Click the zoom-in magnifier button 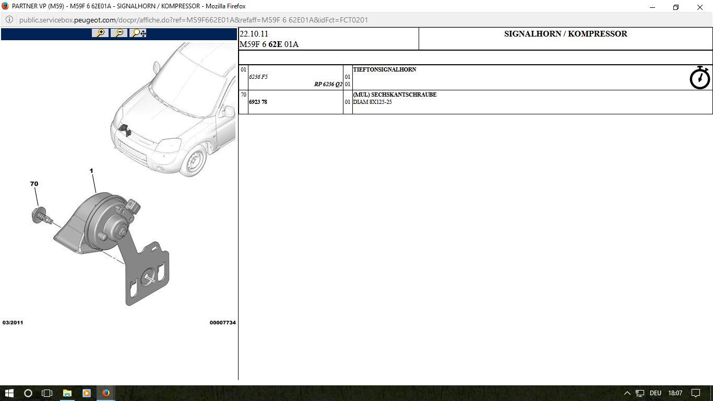(x=100, y=33)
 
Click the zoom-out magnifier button (x=119, y=33)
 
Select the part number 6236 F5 (x=258, y=77)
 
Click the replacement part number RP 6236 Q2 (x=328, y=84)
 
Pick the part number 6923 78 (x=258, y=102)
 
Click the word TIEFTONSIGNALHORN (x=385, y=69)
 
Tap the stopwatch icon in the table (x=699, y=77)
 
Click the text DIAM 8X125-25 (x=372, y=102)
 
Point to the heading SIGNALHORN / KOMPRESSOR (x=566, y=34)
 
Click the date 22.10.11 (x=254, y=34)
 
